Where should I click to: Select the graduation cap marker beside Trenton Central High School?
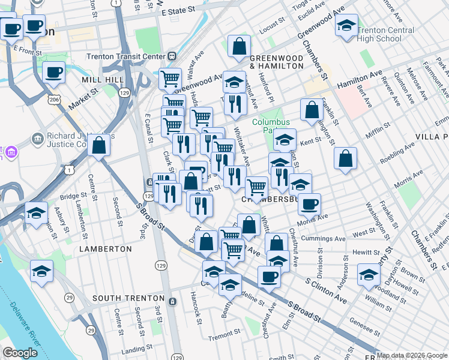click(346, 26)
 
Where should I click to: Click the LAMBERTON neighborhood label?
click(105, 248)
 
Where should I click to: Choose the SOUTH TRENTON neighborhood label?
click(128, 298)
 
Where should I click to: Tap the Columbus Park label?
click(271, 127)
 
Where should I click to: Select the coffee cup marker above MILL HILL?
click(53, 72)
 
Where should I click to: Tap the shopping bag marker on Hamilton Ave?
click(312, 110)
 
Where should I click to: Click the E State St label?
click(179, 11)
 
